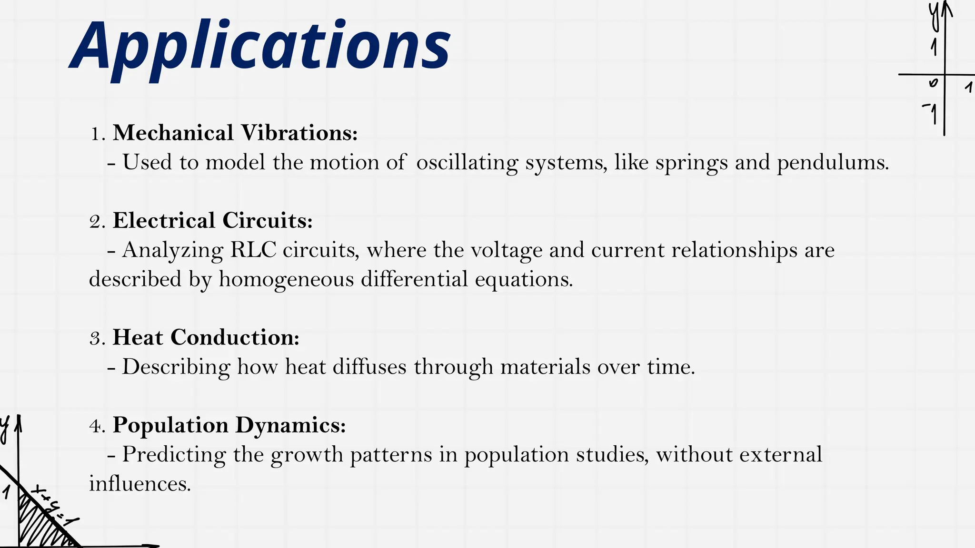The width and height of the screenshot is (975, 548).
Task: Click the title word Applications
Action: tap(261, 47)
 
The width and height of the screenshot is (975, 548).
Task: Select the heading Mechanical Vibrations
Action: tap(235, 133)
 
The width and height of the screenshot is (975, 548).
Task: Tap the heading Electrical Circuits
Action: tap(212, 221)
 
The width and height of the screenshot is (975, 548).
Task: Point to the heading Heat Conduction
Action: tap(206, 338)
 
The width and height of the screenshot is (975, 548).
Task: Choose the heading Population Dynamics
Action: tap(229, 425)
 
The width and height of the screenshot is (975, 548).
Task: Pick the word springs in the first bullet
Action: tap(691, 163)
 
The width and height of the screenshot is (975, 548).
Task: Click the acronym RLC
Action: tap(253, 250)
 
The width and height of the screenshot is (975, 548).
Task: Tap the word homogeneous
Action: tap(286, 279)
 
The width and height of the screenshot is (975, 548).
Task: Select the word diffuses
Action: tap(369, 367)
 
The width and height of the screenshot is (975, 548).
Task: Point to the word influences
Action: tap(139, 484)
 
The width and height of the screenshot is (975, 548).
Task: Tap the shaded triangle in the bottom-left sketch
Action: tap(38, 526)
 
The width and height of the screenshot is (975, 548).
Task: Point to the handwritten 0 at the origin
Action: tap(933, 83)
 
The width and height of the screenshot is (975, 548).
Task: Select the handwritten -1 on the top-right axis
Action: tap(931, 113)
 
